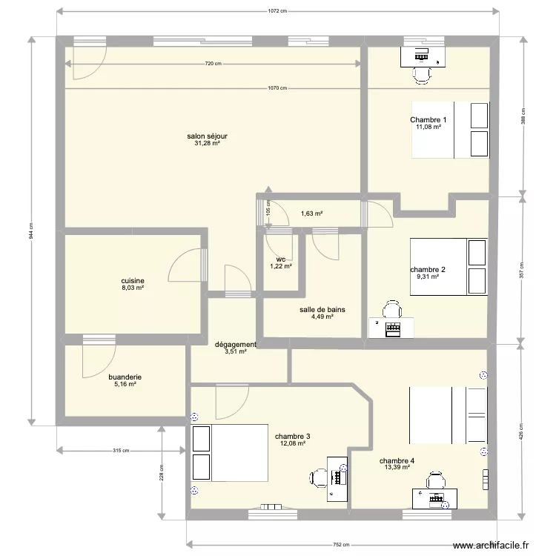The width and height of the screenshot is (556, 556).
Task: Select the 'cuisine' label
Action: coord(133,281)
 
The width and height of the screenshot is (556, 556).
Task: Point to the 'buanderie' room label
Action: coord(125,377)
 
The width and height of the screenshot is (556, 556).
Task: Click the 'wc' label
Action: coord(281,259)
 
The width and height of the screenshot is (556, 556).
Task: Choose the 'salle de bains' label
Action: coord(322,310)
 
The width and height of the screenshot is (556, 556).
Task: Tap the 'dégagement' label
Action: coord(236,344)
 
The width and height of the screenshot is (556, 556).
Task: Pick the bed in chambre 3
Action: coord(230,453)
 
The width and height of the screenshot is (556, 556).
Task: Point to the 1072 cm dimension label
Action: coord(277,11)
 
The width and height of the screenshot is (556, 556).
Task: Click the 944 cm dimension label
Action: coord(31,231)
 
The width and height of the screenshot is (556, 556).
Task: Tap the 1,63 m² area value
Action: coord(311,214)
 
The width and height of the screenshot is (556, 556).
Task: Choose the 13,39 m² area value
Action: coord(397,467)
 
